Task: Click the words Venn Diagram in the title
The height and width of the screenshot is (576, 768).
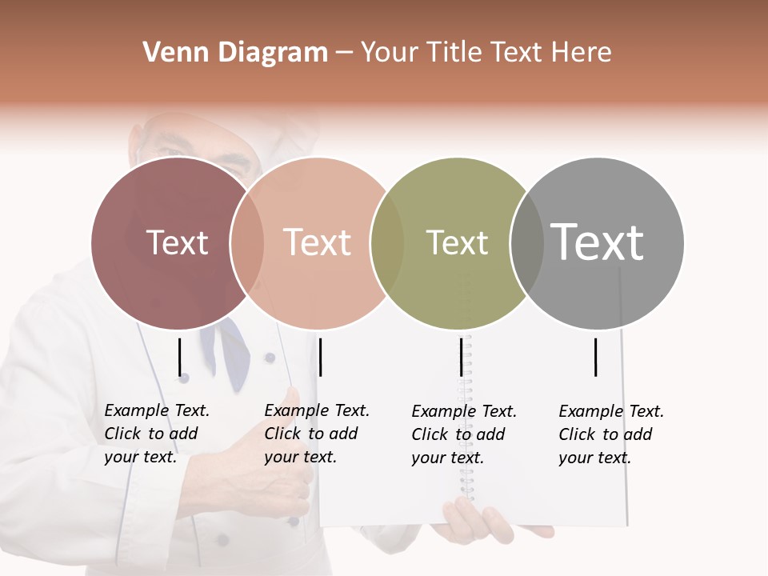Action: pyautogui.click(x=235, y=53)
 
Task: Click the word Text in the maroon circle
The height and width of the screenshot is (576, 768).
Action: pyautogui.click(x=177, y=242)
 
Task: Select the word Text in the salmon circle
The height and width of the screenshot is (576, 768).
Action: pyautogui.click(x=317, y=242)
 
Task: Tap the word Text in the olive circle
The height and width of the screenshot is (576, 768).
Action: pyautogui.click(x=457, y=242)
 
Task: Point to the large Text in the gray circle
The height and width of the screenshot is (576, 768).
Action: pyautogui.click(x=597, y=242)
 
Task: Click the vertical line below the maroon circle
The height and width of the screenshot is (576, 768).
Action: pyautogui.click(x=180, y=357)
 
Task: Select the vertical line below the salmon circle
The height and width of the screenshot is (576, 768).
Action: pyautogui.click(x=320, y=357)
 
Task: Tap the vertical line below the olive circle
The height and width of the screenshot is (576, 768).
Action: pyautogui.click(x=461, y=357)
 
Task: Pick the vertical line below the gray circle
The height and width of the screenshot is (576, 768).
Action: pyautogui.click(x=596, y=357)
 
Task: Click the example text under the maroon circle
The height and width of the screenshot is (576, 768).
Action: pyautogui.click(x=157, y=434)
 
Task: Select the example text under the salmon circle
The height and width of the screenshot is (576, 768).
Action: pyautogui.click(x=317, y=434)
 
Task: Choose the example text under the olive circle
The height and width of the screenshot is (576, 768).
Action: pyautogui.click(x=464, y=434)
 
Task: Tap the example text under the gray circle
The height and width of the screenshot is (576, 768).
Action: pyautogui.click(x=611, y=434)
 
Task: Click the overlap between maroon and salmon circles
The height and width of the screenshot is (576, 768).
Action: pyautogui.click(x=246, y=243)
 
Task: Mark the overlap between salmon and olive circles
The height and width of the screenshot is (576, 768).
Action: pyautogui.click(x=387, y=243)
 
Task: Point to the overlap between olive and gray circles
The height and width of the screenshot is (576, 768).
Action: pyautogui.click(x=526, y=243)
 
